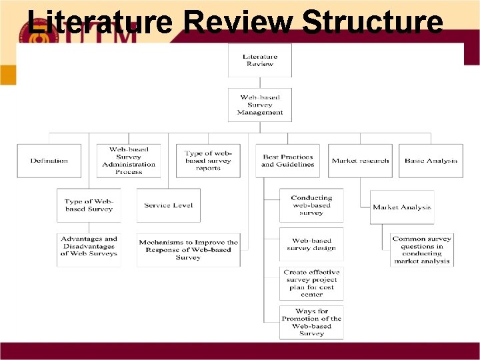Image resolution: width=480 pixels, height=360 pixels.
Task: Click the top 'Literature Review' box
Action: pyautogui.click(x=259, y=60)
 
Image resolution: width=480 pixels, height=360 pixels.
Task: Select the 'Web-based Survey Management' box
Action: pyautogui.click(x=259, y=105)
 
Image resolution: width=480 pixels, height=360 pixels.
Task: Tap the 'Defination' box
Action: pyautogui.click(x=49, y=161)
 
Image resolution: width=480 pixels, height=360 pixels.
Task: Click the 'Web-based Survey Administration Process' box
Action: pyautogui.click(x=129, y=161)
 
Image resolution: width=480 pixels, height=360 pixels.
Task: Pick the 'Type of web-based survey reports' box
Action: pyautogui.click(x=208, y=161)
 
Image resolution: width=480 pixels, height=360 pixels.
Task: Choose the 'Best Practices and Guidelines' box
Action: pyautogui.click(x=288, y=161)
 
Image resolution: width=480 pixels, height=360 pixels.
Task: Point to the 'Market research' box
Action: pyautogui.click(x=360, y=161)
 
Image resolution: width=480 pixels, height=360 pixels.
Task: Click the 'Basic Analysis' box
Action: pyautogui.click(x=431, y=161)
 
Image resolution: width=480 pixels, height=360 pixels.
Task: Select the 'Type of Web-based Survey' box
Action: pyautogui.click(x=89, y=205)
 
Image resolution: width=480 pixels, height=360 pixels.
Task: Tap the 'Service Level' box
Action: pyautogui.click(x=168, y=205)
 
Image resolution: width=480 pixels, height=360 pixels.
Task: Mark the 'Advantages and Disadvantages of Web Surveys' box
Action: pyautogui.click(x=89, y=246)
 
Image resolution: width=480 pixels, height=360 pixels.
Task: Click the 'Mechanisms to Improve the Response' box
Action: pyautogui.click(x=188, y=250)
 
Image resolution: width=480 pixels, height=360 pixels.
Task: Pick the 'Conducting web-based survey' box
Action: pyautogui.click(x=311, y=205)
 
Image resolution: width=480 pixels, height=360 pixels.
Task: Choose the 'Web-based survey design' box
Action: pyautogui.click(x=311, y=244)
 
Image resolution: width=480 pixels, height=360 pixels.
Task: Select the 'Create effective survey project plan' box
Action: pyautogui.click(x=311, y=283)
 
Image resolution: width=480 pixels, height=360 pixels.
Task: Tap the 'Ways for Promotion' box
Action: pyautogui.click(x=311, y=323)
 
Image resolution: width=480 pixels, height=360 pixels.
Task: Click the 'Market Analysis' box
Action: pyautogui.click(x=402, y=207)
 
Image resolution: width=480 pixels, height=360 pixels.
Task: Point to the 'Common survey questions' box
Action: pyautogui.click(x=422, y=250)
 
